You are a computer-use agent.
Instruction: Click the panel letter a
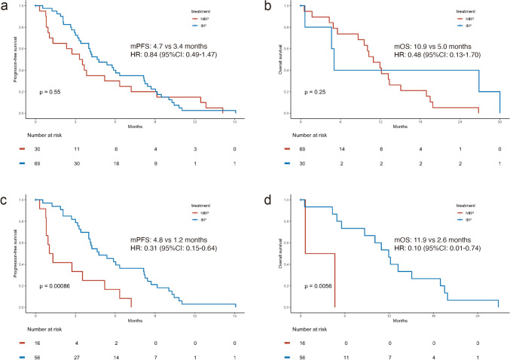(5, 6)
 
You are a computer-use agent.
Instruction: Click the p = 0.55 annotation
(50, 92)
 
